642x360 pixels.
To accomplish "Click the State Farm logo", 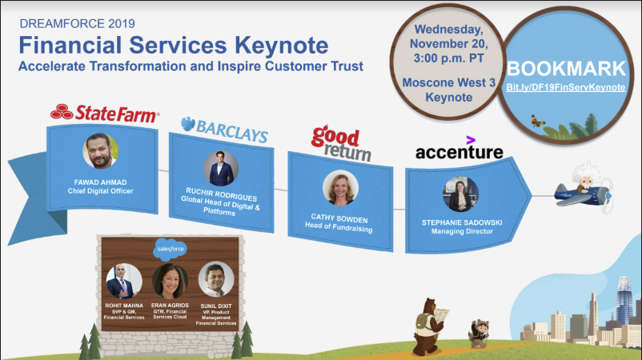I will (x=104, y=111).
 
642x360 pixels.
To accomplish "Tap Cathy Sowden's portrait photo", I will (x=340, y=189).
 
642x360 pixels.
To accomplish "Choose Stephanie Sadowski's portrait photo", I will (x=461, y=194).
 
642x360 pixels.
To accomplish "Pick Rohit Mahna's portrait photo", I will (x=124, y=281).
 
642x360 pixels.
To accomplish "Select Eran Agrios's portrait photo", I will (x=170, y=281).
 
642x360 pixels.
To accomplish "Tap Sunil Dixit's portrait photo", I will (x=215, y=279).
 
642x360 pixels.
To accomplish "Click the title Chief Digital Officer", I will (x=101, y=191).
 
